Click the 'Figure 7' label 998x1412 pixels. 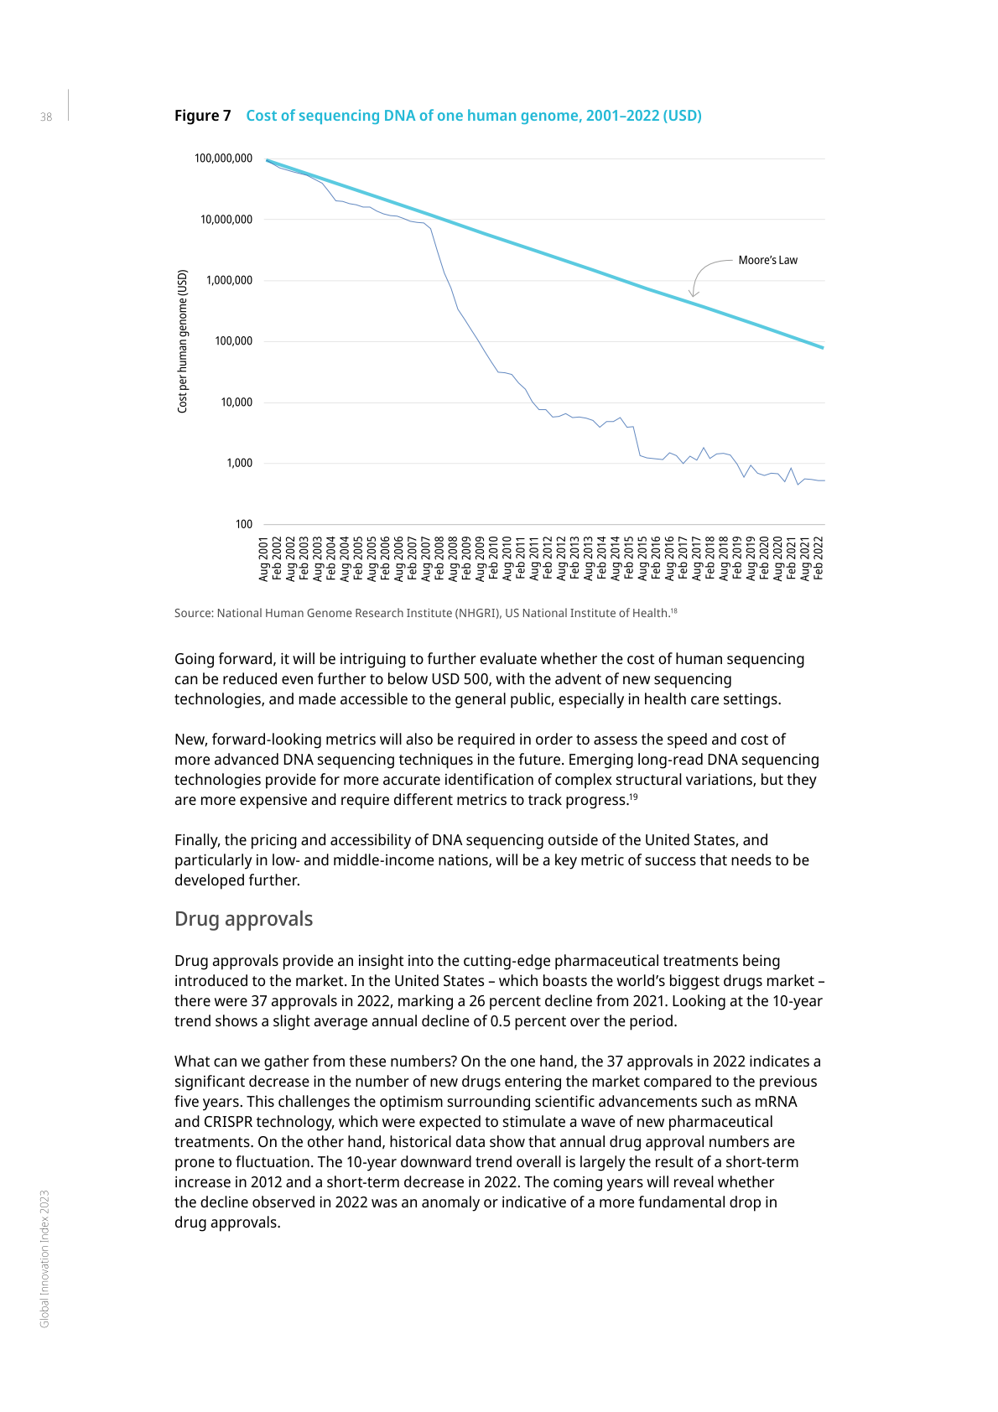click(202, 116)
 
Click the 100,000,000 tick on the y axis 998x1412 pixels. click(223, 158)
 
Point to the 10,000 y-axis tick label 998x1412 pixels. click(237, 402)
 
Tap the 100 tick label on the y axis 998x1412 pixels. click(243, 524)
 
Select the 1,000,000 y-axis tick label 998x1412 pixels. click(229, 280)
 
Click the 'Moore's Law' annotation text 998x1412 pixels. click(767, 260)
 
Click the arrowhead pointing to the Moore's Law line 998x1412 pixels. click(694, 293)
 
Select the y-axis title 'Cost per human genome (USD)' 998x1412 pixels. click(183, 340)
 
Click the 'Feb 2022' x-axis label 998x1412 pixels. click(819, 558)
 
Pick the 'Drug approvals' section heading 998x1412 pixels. click(243, 919)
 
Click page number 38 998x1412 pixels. click(46, 117)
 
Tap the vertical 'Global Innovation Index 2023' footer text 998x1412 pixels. click(45, 1258)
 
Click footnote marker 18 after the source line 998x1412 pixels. click(673, 610)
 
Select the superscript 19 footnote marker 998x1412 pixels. click(633, 797)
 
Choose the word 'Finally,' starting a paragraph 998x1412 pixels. click(197, 840)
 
